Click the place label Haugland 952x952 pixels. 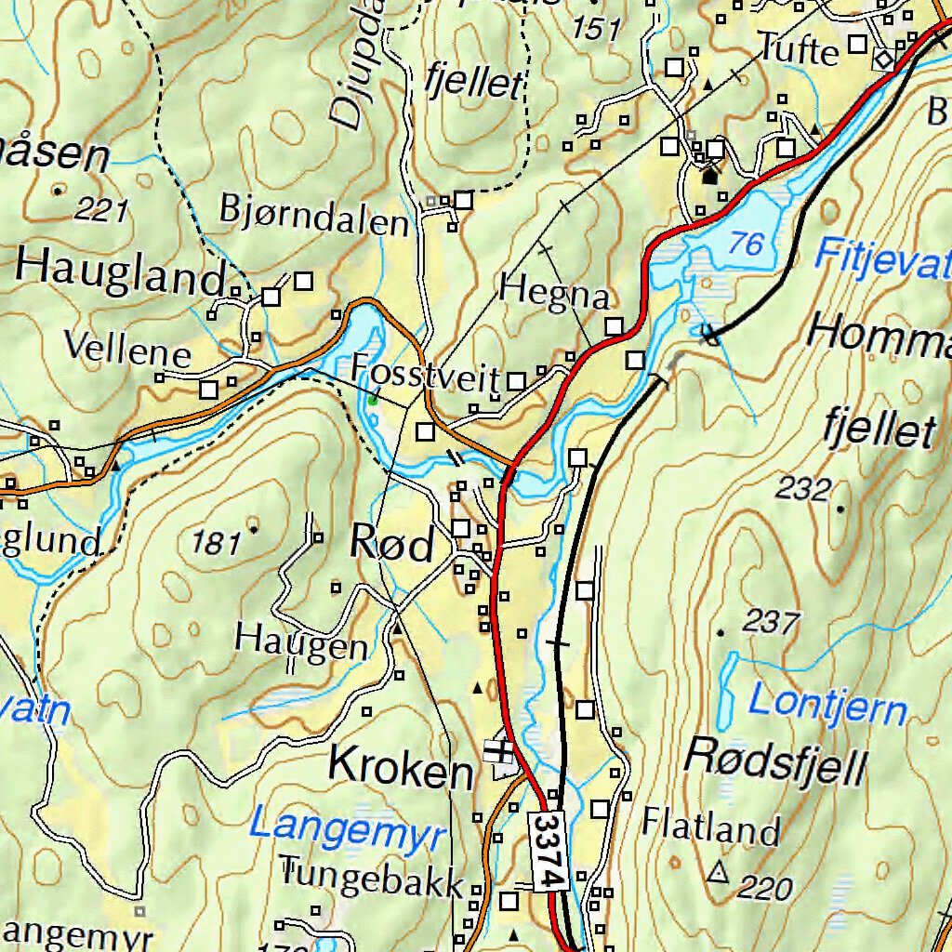[121, 272]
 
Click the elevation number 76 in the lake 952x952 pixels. [746, 245]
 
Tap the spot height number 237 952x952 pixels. [772, 622]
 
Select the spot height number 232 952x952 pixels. [801, 488]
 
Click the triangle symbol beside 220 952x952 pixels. [717, 872]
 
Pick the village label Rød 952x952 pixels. [391, 545]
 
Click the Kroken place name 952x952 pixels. [402, 769]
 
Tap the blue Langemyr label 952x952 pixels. [348, 827]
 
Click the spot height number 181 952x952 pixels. [216, 542]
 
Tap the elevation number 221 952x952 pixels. [100, 211]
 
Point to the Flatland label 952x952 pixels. [710, 826]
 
